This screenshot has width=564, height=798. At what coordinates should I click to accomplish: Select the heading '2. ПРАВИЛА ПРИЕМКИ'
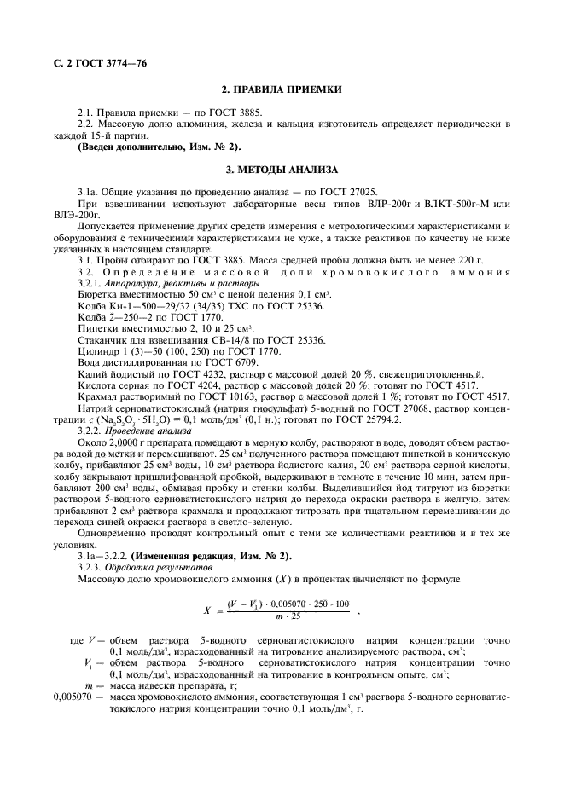[282, 90]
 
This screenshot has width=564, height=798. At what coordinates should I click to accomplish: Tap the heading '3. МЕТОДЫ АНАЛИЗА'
[282, 169]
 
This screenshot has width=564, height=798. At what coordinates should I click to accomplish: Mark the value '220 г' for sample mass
[470, 260]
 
